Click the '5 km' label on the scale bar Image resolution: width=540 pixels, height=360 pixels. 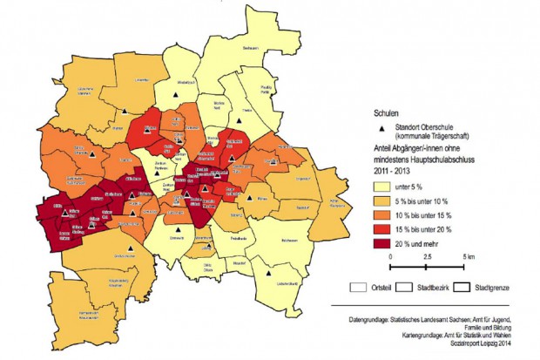point(468,259)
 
